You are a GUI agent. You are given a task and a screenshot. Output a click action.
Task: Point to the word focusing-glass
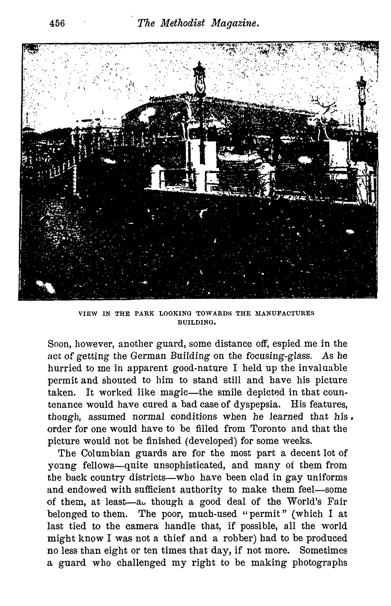(279, 356)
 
